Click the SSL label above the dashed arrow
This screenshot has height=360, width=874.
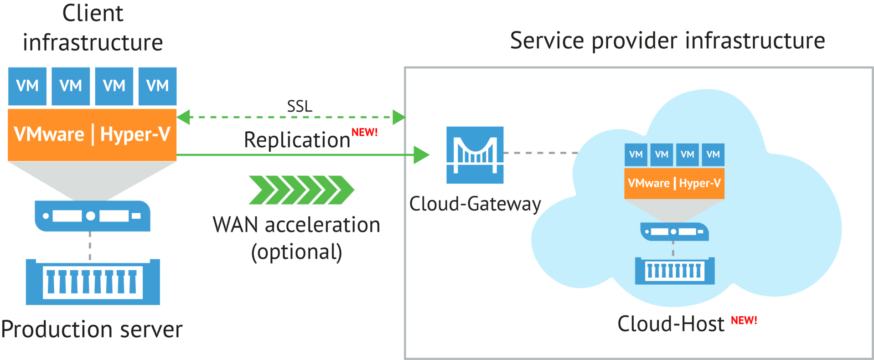pyautogui.click(x=300, y=106)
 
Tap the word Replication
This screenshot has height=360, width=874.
pyautogui.click(x=297, y=140)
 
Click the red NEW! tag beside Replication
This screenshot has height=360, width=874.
pyautogui.click(x=364, y=132)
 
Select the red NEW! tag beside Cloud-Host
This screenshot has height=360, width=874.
pyautogui.click(x=744, y=320)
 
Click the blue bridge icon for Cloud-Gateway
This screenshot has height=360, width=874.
pyautogui.click(x=475, y=155)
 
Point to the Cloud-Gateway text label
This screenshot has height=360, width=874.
pyautogui.click(x=475, y=204)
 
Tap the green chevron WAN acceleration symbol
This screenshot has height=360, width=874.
pyautogui.click(x=301, y=190)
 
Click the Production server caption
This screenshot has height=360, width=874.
pyautogui.click(x=92, y=329)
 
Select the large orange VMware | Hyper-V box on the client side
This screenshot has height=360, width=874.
pyautogui.click(x=92, y=134)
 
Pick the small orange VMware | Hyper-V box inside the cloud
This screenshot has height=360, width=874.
pyautogui.click(x=674, y=183)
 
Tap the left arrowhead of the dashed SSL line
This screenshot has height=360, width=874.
pyautogui.click(x=184, y=117)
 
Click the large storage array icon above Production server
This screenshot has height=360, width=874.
pyautogui.click(x=93, y=282)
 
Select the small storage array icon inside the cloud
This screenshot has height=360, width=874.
pyautogui.click(x=675, y=271)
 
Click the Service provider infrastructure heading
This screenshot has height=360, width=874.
pyautogui.click(x=667, y=41)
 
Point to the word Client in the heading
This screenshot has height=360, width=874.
pyautogui.click(x=93, y=13)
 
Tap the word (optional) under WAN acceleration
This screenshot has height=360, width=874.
pyautogui.click(x=296, y=252)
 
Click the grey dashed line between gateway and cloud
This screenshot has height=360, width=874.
pyautogui.click(x=541, y=153)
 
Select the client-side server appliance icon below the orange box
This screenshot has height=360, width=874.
pyautogui.click(x=93, y=216)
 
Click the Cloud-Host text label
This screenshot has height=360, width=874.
pyautogui.click(x=671, y=324)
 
